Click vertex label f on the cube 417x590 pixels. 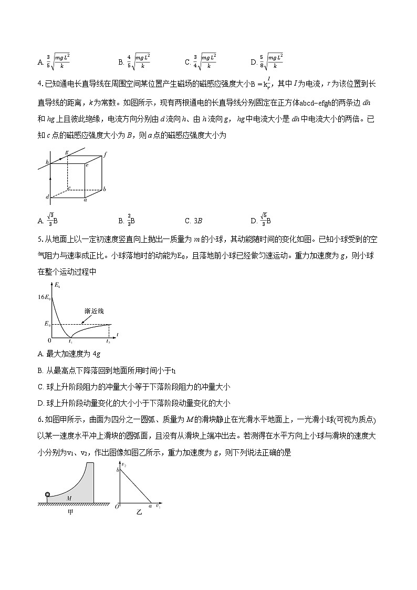tap(106, 154)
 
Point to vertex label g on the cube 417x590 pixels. tap(67, 152)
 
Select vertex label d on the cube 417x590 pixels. tap(47, 197)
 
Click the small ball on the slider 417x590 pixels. tap(48, 494)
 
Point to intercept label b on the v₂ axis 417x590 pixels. tap(118, 470)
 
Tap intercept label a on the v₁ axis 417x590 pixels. tap(150, 506)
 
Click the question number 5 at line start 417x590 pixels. tap(40, 240)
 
